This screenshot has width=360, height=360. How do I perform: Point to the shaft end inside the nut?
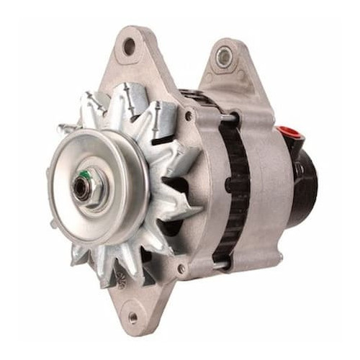pyautogui.click(x=80, y=188)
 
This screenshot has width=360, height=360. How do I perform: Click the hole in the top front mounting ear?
pyautogui.click(x=130, y=48)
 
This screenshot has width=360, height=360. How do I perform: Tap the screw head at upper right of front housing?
pyautogui.click(x=189, y=115)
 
